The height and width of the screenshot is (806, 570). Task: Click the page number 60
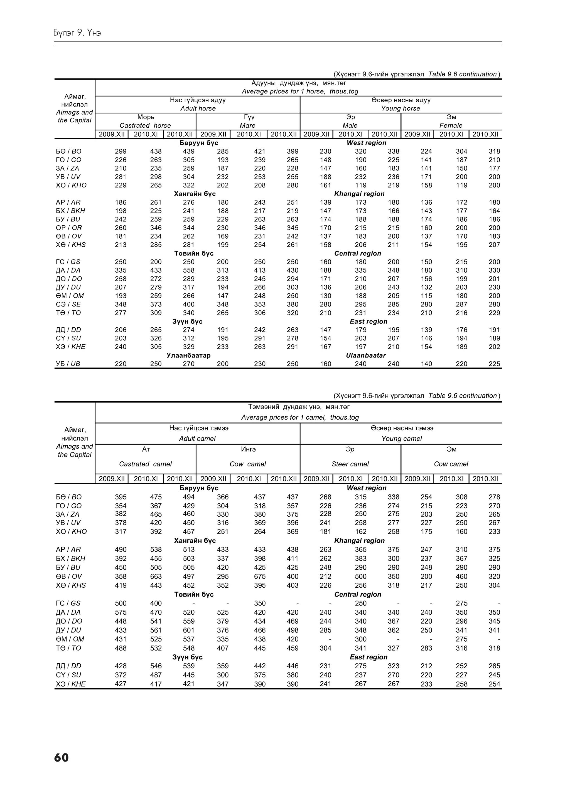pyautogui.click(x=62, y=758)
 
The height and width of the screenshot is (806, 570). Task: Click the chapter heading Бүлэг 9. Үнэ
pyautogui.click(x=77, y=33)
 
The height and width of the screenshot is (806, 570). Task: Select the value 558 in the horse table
pyautogui.click(x=189, y=270)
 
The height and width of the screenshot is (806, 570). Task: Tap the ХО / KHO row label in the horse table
pyautogui.click(x=71, y=185)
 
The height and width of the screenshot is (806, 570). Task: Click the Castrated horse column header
pyautogui.click(x=145, y=126)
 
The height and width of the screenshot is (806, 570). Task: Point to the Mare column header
pyautogui.click(x=248, y=126)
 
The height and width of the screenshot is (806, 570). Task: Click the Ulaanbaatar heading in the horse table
pyautogui.click(x=366, y=355)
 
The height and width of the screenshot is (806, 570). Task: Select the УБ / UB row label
pyautogui.click(x=68, y=364)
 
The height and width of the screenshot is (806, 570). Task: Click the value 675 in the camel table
pyautogui.click(x=260, y=577)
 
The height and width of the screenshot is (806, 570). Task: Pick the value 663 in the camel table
pyautogui.click(x=156, y=577)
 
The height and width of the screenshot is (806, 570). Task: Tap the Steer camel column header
pyautogui.click(x=350, y=464)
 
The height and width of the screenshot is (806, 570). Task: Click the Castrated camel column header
pyautogui.click(x=145, y=464)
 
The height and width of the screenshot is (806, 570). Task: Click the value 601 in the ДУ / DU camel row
pyautogui.click(x=189, y=630)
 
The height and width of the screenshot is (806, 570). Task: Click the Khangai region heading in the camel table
pyautogui.click(x=359, y=541)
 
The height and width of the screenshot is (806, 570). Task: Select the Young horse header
pyautogui.click(x=401, y=108)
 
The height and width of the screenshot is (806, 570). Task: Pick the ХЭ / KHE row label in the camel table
pyautogui.click(x=71, y=684)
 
